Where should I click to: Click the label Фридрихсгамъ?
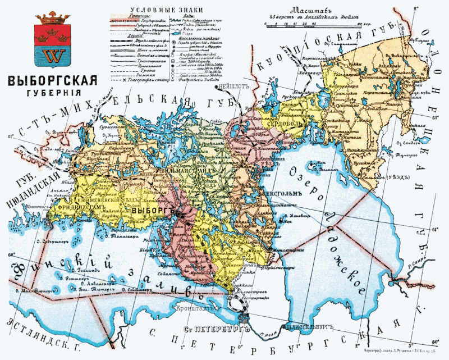point(80,207)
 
